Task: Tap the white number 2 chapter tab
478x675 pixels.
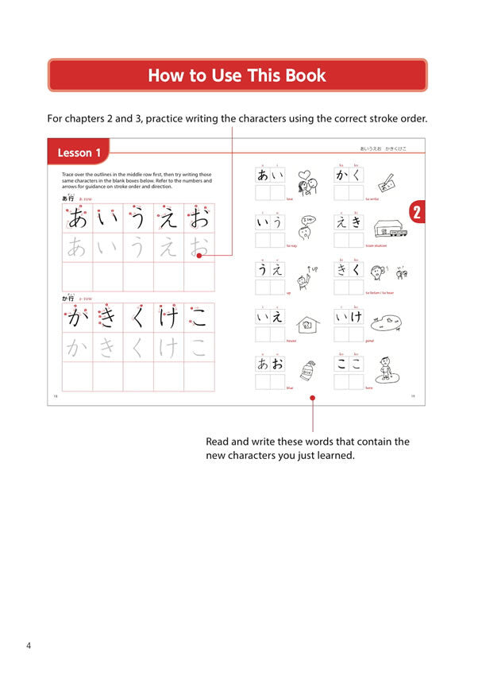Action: coord(417,212)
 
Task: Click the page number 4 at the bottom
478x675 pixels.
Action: coord(29,646)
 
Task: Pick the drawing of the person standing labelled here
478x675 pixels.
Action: coord(386,369)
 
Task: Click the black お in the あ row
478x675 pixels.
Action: coord(199,218)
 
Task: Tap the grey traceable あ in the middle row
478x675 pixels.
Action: coord(77,248)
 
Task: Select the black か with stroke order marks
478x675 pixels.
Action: coord(77,318)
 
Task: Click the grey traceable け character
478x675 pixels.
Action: coord(168,347)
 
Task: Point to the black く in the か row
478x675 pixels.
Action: coord(138,318)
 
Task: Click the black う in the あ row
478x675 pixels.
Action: coord(138,218)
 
